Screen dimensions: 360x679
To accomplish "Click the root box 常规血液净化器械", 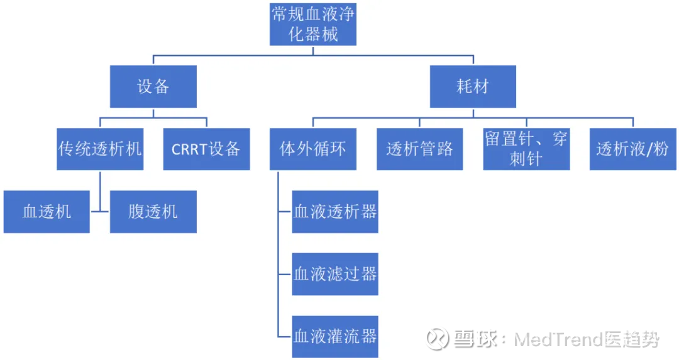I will point(313,24).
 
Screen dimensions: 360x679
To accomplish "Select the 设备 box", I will point(153,87).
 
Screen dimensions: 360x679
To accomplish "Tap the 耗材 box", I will point(473,87).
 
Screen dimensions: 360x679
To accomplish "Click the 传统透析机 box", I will point(100,150).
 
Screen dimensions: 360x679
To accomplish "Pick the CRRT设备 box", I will point(206,150).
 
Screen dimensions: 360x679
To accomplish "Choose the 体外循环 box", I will point(313,150).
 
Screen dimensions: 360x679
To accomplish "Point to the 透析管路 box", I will point(419,150).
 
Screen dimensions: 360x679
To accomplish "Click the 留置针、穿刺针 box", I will point(526,150).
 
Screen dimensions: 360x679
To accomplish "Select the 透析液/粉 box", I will point(632,150).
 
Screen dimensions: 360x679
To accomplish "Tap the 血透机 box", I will point(47,212).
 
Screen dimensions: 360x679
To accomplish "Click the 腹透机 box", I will point(153,212).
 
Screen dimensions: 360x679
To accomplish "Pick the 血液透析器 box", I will point(335,212).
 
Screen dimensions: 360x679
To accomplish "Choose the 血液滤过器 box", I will point(335,275).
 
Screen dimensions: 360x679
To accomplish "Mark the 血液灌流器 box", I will point(335,337).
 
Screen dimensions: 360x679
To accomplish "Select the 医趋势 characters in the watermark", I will point(632,341).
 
